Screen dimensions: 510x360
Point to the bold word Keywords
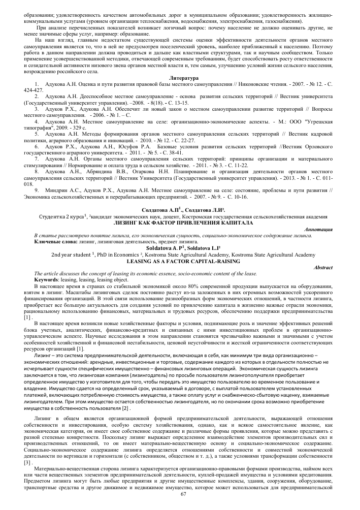45,279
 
